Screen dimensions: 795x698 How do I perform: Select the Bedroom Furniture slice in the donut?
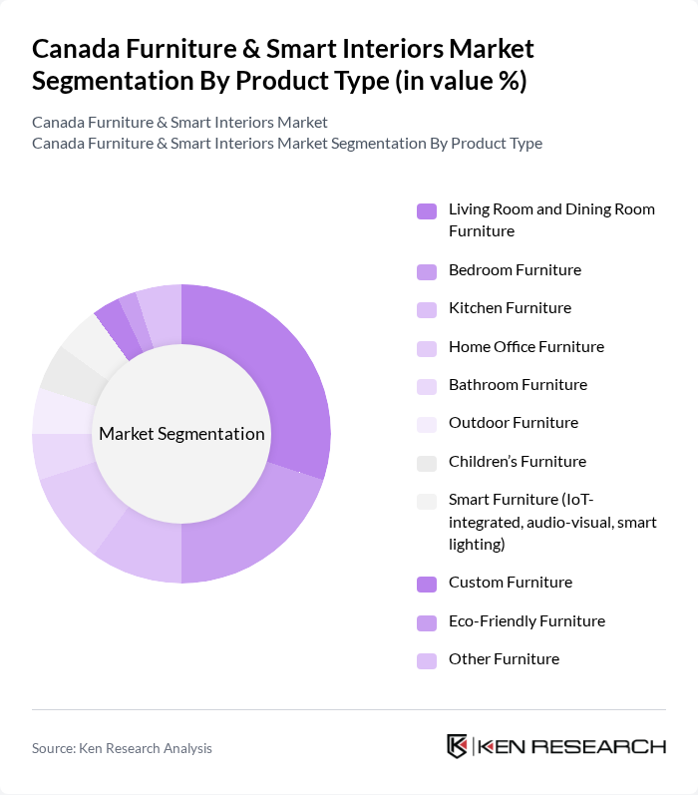249,539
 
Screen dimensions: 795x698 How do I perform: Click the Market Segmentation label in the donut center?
181,434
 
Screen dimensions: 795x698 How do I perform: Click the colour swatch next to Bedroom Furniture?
426,270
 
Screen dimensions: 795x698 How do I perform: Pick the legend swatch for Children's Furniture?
426,462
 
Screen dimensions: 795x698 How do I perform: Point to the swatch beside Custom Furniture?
426,583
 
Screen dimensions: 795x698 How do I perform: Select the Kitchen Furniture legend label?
510,308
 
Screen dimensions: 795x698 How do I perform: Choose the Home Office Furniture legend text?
525,347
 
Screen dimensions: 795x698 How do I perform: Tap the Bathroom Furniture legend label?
518,385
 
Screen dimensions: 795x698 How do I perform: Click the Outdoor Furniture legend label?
513,423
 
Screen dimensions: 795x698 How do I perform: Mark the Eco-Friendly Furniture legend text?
526,621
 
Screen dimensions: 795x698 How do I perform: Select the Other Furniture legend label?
504,659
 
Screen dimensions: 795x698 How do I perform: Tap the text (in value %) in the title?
460,82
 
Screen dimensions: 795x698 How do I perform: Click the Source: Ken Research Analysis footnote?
122,748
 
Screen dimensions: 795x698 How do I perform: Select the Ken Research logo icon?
458,746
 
